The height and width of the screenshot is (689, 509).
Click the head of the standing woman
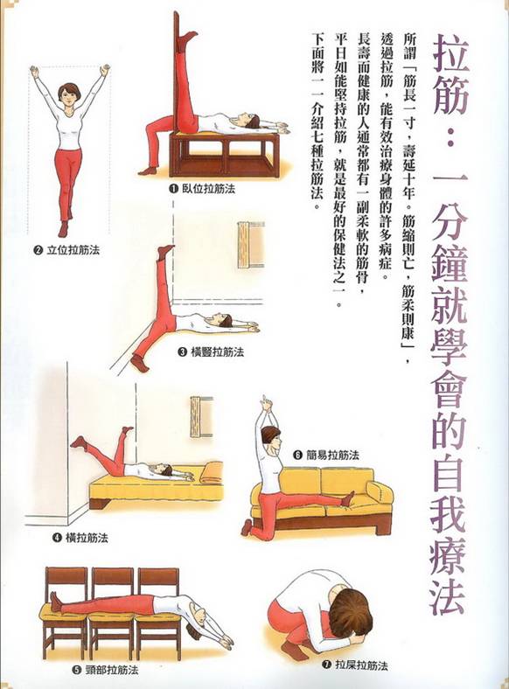pyautogui.click(x=67, y=93)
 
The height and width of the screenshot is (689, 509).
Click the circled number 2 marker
pyautogui.click(x=38, y=250)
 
